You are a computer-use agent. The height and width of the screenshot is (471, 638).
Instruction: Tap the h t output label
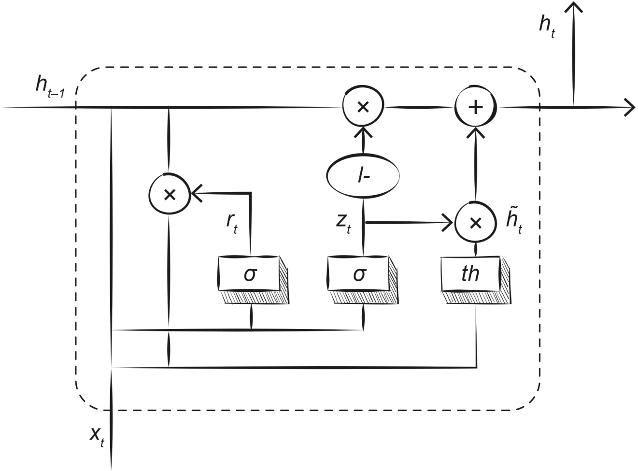click(547, 25)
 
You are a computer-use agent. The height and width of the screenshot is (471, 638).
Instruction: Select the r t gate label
click(232, 222)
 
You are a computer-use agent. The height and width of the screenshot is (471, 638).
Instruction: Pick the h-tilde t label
click(513, 222)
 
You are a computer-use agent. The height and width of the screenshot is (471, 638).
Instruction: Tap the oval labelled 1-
click(363, 176)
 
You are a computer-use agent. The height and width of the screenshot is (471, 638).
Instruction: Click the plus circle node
click(476, 107)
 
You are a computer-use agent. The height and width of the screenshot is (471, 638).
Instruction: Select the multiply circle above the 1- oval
click(363, 107)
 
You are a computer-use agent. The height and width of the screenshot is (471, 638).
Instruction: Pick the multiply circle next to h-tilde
click(476, 222)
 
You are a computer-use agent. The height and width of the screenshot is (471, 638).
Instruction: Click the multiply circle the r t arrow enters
click(170, 194)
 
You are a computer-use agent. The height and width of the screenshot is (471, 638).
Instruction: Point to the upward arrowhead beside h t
click(574, 8)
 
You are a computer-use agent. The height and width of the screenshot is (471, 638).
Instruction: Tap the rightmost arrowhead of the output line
click(630, 107)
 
